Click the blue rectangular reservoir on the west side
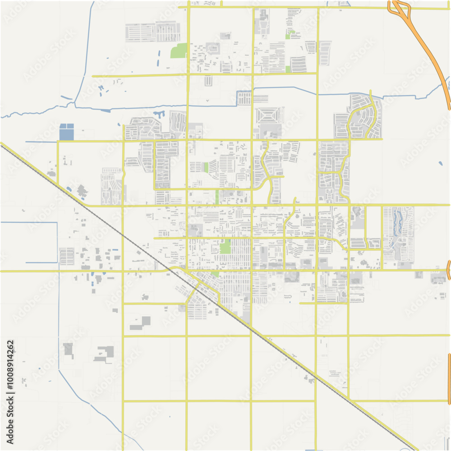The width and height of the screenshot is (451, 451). tap(66, 131)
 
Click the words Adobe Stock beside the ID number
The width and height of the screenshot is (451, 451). tap(10, 419)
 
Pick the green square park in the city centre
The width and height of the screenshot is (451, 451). tap(225, 246)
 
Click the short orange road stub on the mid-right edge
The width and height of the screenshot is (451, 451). tap(448, 270)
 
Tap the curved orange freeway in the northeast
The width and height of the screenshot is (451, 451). tap(433, 59)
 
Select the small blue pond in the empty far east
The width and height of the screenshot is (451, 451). tap(440, 163)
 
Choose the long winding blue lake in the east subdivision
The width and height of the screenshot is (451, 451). tap(397, 223)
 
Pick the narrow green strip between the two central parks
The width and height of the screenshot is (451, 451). tap(217, 197)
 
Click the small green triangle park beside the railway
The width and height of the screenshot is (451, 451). tap(215, 274)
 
